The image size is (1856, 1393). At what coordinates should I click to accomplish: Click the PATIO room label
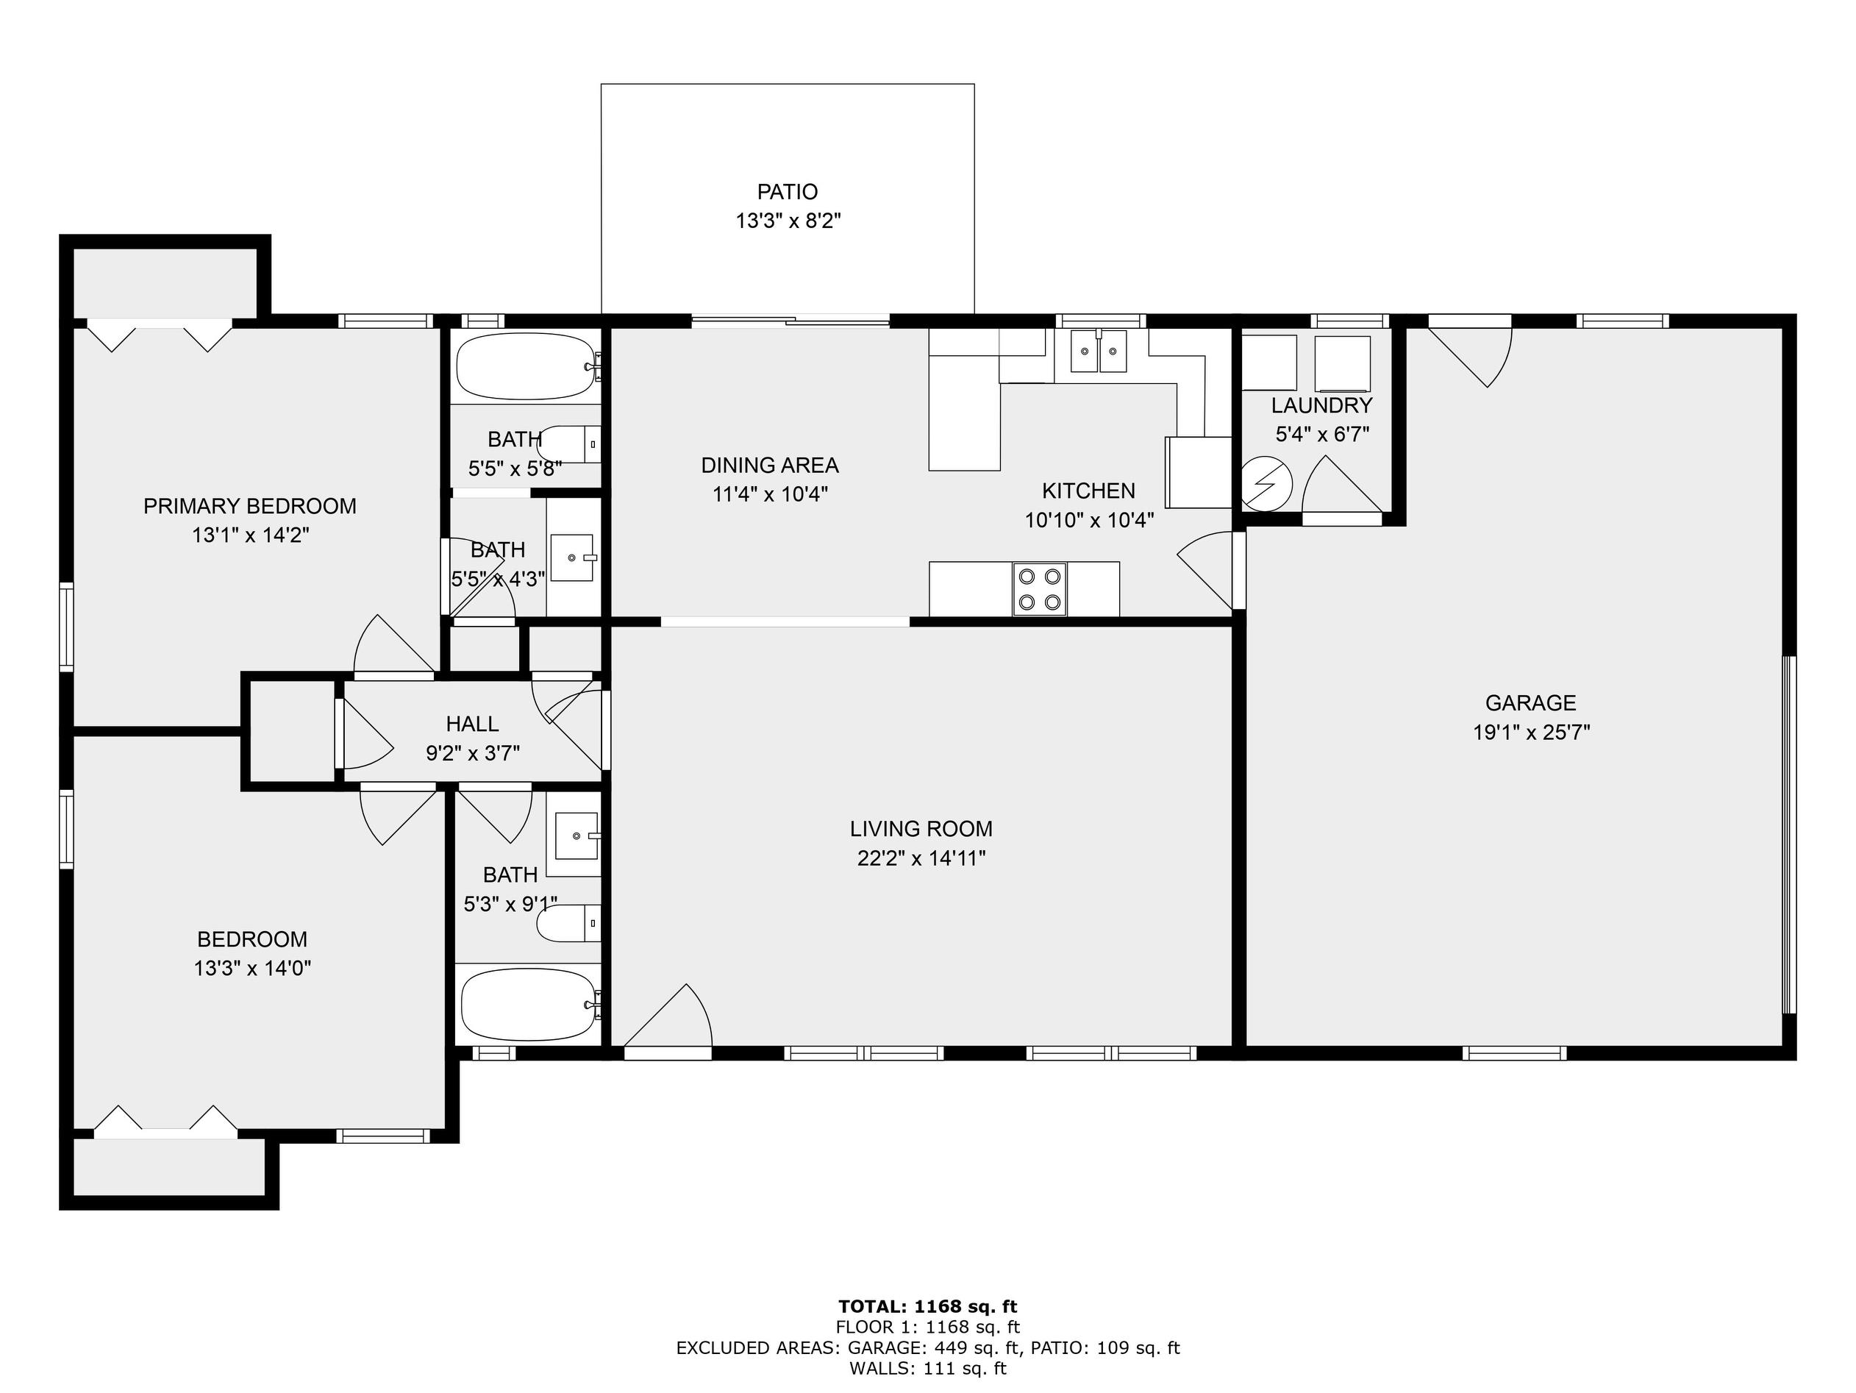click(x=787, y=192)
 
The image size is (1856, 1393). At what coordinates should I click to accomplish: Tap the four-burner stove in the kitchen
click(x=1040, y=589)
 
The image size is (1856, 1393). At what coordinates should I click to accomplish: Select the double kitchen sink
click(x=1099, y=351)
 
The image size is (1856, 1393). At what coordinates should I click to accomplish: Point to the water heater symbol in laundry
click(x=1266, y=483)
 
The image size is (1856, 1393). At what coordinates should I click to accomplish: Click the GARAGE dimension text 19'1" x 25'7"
click(x=1531, y=733)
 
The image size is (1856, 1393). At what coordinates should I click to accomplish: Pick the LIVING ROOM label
click(x=921, y=829)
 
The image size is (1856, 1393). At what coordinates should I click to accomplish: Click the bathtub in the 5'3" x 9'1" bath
click(x=530, y=1005)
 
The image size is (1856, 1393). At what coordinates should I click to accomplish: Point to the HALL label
click(x=472, y=724)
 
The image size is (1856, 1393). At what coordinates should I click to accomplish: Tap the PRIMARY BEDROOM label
click(x=250, y=506)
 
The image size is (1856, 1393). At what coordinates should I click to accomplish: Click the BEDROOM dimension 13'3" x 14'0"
click(x=252, y=969)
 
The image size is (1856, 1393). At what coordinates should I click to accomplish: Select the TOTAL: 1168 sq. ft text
click(x=927, y=1306)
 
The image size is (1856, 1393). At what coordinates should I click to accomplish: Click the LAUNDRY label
click(x=1321, y=405)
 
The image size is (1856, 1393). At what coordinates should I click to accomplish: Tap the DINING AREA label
click(x=770, y=465)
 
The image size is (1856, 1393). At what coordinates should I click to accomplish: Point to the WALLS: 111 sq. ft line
click(x=927, y=1369)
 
